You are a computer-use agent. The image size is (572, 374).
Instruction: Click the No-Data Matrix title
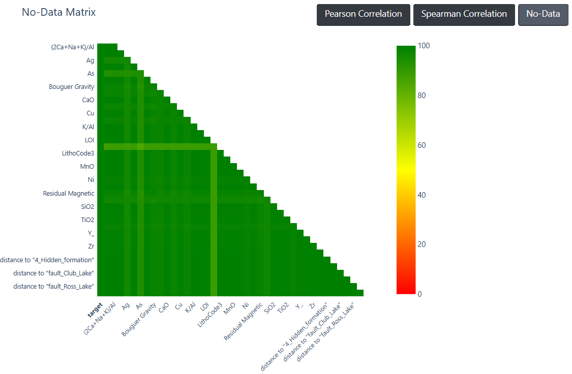pyautogui.click(x=59, y=12)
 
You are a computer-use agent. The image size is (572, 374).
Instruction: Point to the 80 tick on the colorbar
pyautogui.click(x=422, y=96)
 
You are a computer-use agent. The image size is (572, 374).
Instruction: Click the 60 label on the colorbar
pyautogui.click(x=422, y=145)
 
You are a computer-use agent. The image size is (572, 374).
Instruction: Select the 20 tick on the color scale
pyautogui.click(x=422, y=244)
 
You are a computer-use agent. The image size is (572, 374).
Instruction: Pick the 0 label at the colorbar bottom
pyautogui.click(x=419, y=294)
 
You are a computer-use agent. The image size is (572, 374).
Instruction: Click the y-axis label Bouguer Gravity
pyautogui.click(x=72, y=87)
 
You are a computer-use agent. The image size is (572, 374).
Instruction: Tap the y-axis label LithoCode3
pyautogui.click(x=78, y=153)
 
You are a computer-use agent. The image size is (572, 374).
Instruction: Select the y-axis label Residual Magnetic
pyautogui.click(x=69, y=193)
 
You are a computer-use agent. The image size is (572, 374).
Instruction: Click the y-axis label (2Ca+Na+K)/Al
pyautogui.click(x=73, y=47)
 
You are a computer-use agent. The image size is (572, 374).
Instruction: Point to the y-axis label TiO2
pyautogui.click(x=87, y=220)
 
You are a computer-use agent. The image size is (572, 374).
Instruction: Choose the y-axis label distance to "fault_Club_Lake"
pyautogui.click(x=53, y=273)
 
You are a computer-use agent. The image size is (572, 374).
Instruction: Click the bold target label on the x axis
pyautogui.click(x=95, y=310)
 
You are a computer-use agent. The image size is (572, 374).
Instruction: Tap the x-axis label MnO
pyautogui.click(x=229, y=309)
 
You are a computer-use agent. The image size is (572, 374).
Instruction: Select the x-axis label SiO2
pyautogui.click(x=270, y=308)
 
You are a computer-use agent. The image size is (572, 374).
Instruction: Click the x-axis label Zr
pyautogui.click(x=312, y=306)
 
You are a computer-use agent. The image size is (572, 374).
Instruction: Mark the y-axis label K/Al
pyautogui.click(x=88, y=127)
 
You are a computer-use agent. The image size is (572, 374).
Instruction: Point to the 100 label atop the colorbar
pyautogui.click(x=424, y=46)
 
